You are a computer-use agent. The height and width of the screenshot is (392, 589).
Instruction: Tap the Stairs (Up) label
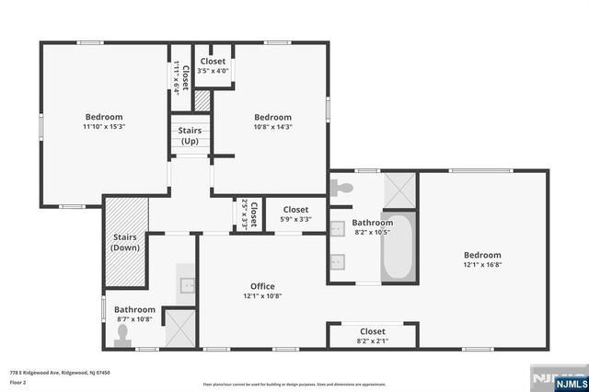click(x=190, y=136)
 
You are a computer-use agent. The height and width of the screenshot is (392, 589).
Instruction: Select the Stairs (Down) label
click(x=124, y=242)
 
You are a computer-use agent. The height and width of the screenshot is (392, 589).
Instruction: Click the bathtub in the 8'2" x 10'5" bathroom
click(x=398, y=248)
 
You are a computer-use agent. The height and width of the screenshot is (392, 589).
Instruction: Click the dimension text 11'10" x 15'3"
click(x=104, y=128)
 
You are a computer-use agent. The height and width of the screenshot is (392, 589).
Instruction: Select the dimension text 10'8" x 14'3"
click(x=272, y=128)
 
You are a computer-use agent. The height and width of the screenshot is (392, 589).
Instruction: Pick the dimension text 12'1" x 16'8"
click(x=482, y=265)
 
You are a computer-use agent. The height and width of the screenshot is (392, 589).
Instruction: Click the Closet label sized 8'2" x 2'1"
click(x=373, y=331)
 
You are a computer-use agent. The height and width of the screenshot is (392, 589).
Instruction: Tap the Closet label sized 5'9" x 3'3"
click(x=295, y=210)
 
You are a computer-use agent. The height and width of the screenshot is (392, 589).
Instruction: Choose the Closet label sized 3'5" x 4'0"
click(x=212, y=62)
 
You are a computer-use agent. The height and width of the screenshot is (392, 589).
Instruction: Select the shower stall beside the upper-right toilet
click(x=399, y=190)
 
